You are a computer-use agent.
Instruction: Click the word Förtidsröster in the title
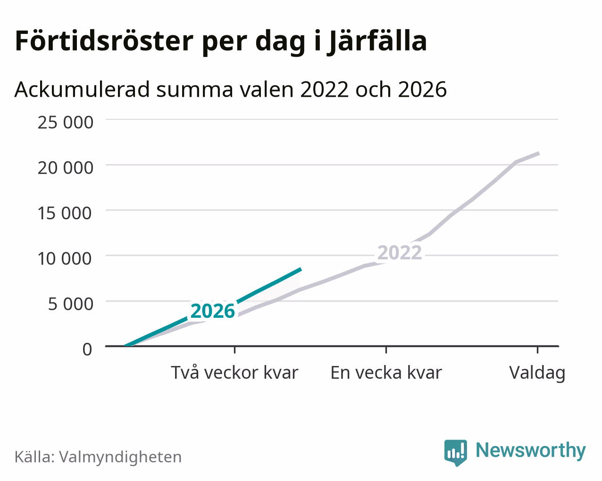pos(104,41)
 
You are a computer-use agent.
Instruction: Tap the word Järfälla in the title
pos(377,42)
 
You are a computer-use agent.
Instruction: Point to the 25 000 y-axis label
pos(66,123)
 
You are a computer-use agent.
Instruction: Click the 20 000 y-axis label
pos(66,168)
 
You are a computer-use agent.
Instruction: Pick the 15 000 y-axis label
pos(65,213)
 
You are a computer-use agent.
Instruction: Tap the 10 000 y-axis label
pos(65,258)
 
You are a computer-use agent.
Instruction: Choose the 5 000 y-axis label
pos(70,304)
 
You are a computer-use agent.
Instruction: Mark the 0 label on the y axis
pos(87,349)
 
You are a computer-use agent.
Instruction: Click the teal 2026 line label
pos(213,311)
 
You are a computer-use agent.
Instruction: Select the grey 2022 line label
pos(400,253)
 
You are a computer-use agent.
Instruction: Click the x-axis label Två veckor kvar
pos(234,373)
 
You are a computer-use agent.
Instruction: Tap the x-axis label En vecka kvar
pos(386,373)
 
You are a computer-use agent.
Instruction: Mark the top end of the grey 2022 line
pos(539,153)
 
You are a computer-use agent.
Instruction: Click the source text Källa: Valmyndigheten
pos(98,457)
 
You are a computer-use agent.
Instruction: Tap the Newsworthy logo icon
pos(456,452)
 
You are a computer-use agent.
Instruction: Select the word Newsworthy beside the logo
pos(531,451)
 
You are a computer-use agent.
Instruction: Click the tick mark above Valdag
pos(537,349)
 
